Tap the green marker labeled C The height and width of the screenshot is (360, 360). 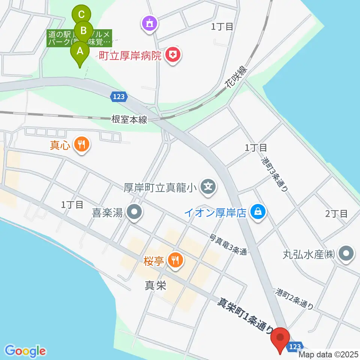[81, 15]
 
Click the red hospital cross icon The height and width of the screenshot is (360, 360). [173, 56]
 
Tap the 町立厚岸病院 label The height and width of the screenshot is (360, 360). [130, 56]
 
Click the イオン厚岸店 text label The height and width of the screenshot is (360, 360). [215, 213]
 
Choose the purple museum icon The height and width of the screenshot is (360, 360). [150, 24]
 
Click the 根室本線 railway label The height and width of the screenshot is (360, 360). [129, 120]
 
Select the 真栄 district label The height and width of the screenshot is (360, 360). [155, 286]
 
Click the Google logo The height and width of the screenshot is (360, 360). [25, 351]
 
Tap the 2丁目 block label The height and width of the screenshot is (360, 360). [336, 214]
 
